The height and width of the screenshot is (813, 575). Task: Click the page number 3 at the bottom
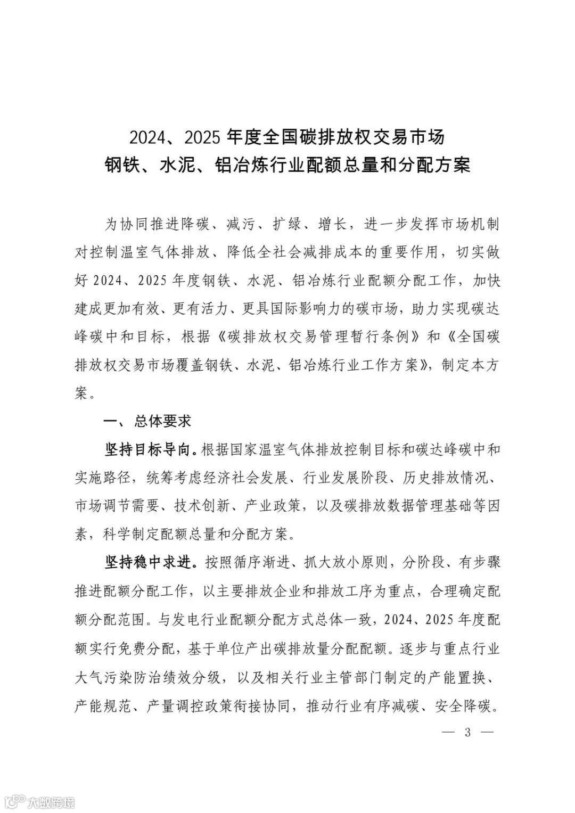(x=468, y=732)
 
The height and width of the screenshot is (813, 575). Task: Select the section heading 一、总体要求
(x=146, y=422)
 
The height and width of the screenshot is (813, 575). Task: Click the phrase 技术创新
(x=205, y=506)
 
